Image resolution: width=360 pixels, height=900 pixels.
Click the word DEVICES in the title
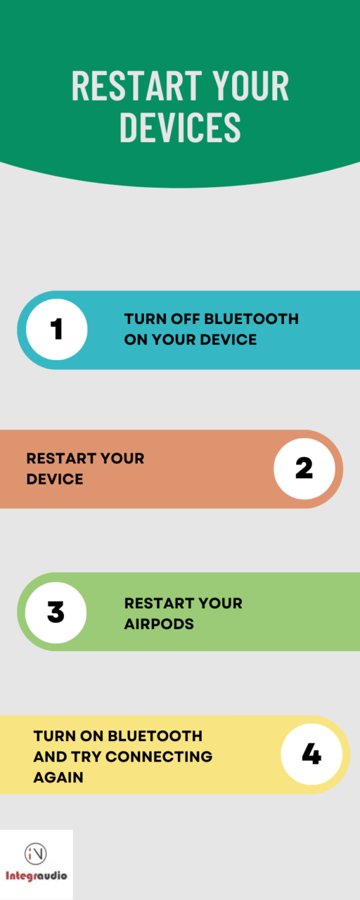(181, 127)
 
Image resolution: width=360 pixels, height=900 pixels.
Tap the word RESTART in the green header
(137, 86)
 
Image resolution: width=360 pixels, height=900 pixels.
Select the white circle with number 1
(57, 330)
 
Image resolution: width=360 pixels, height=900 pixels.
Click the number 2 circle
(304, 469)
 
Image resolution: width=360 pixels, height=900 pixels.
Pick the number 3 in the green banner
(56, 612)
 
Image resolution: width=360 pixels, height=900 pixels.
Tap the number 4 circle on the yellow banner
(311, 754)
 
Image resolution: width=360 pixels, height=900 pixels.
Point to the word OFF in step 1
(185, 319)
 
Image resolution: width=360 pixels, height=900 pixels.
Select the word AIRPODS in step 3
(159, 624)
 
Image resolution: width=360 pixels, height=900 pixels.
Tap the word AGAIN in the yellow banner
(58, 778)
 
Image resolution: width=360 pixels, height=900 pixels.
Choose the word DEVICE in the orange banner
(55, 479)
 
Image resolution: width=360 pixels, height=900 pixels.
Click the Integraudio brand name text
(36, 875)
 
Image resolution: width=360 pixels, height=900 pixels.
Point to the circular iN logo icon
(35, 854)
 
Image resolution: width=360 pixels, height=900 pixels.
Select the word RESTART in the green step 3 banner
(159, 603)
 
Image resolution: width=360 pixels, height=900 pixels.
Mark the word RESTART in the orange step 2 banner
(61, 458)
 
